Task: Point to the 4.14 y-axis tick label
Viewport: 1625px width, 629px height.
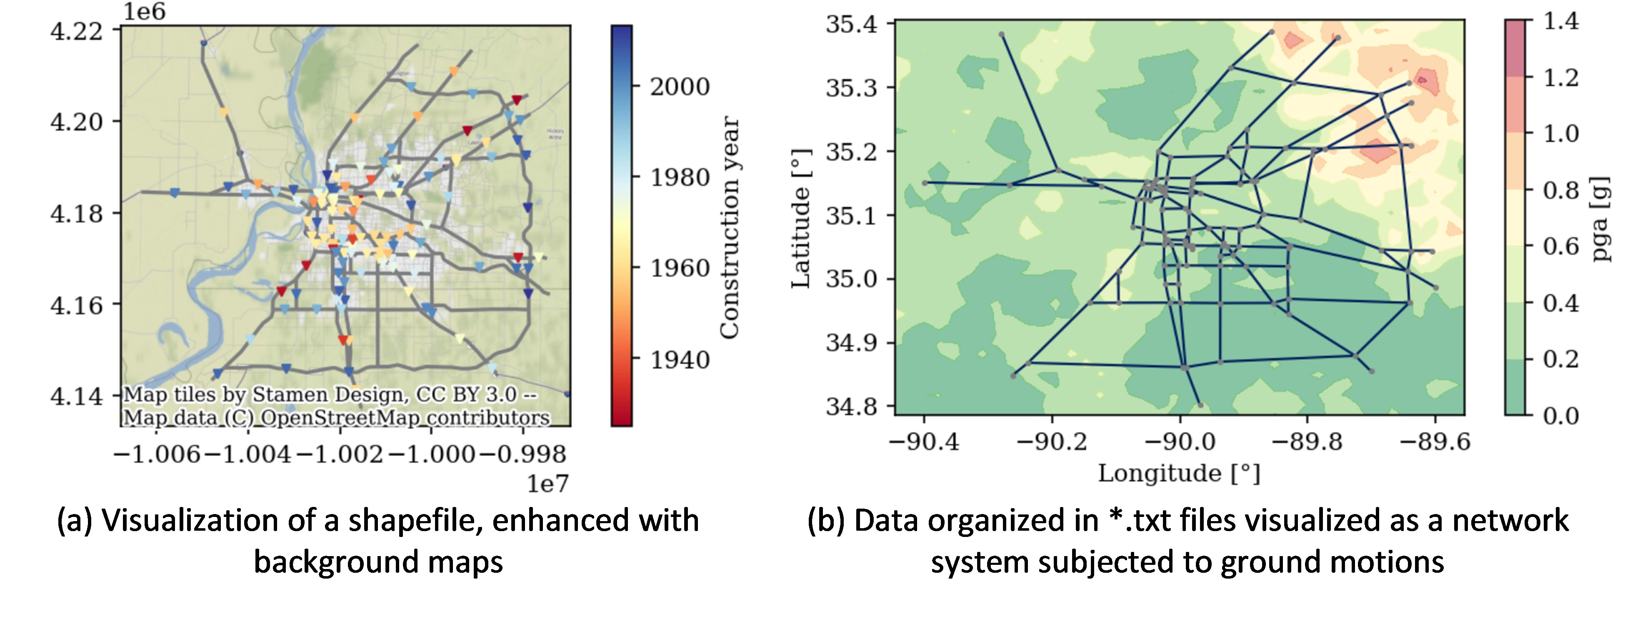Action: tap(76, 396)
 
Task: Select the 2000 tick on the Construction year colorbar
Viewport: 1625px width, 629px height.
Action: tap(680, 86)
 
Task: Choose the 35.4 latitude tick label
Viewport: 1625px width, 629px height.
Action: tap(852, 24)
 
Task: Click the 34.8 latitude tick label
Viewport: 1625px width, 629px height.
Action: tap(852, 406)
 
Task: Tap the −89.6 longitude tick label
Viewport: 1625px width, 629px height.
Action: tap(1435, 441)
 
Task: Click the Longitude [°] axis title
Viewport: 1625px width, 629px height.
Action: tap(1179, 473)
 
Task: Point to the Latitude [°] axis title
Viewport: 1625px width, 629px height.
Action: tap(800, 219)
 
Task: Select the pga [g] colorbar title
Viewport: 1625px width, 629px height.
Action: tap(1602, 219)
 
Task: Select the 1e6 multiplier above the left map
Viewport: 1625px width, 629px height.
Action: tap(144, 11)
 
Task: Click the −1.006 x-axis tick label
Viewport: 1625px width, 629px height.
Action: tap(157, 454)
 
